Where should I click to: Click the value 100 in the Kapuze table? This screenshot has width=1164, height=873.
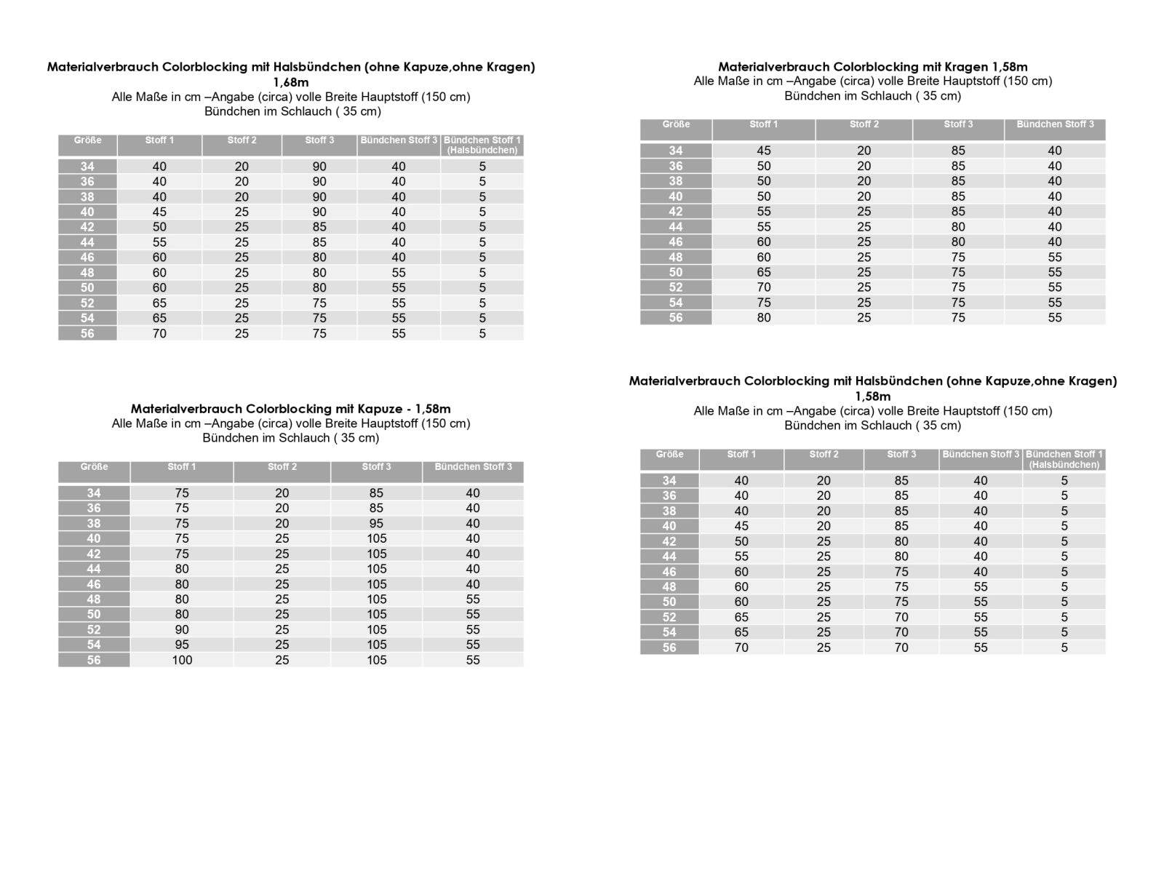coord(182,660)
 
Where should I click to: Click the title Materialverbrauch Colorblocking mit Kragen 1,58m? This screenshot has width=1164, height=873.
coord(872,66)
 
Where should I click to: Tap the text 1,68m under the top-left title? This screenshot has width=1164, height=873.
coord(290,82)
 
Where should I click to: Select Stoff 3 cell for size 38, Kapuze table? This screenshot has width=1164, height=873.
coord(376,523)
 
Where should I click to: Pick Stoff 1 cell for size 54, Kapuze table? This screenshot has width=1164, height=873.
coord(182,645)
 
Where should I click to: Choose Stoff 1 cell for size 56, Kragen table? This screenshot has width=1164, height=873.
coord(763,317)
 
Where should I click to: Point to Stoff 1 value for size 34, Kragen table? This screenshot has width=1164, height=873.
coord(763,151)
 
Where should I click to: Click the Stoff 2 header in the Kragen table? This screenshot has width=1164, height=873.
coord(864,124)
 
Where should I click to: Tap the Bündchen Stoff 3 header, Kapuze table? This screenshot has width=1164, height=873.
coord(473,467)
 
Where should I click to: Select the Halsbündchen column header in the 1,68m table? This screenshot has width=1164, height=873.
coord(482,145)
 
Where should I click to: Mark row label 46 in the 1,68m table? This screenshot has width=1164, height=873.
coord(87,258)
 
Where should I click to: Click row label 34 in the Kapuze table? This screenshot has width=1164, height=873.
coord(94,493)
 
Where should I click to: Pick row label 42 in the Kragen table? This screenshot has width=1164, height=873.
coord(676,212)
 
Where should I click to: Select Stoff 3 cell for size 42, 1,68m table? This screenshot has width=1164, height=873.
coord(319,227)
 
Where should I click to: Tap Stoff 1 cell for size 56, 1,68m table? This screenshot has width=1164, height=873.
coord(159,333)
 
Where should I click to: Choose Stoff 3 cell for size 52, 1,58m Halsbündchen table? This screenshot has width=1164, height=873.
coord(901,617)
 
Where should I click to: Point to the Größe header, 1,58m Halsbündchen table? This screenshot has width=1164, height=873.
coord(669,455)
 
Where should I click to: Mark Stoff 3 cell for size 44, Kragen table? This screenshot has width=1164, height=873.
coord(958,227)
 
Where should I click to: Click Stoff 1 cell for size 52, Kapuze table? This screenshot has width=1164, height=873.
coord(182,629)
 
